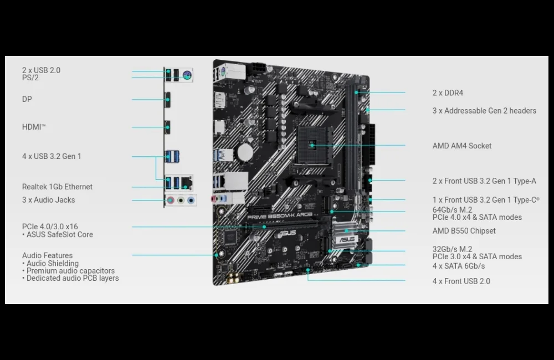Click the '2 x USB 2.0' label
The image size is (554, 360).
point(42,70)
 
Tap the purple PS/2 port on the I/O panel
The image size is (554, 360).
point(187,75)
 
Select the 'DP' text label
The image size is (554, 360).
point(27,99)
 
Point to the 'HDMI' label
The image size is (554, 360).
point(34,127)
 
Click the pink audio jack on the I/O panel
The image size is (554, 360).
point(171,200)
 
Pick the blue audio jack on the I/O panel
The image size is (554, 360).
point(191,200)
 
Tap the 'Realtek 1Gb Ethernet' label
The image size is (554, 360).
point(57,187)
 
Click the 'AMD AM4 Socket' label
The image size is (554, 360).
point(462,146)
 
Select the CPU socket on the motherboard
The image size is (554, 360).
point(314,145)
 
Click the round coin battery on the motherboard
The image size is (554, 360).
point(245,152)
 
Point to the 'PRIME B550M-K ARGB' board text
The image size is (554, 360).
point(280,216)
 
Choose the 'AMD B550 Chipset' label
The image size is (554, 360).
point(464,231)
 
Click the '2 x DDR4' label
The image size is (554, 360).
point(448,93)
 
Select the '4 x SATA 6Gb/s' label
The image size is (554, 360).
point(459,266)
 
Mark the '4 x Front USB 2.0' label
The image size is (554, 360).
point(461,281)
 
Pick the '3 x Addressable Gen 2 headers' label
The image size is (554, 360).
point(484,111)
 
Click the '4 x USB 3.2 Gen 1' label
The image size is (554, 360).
point(52,156)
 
